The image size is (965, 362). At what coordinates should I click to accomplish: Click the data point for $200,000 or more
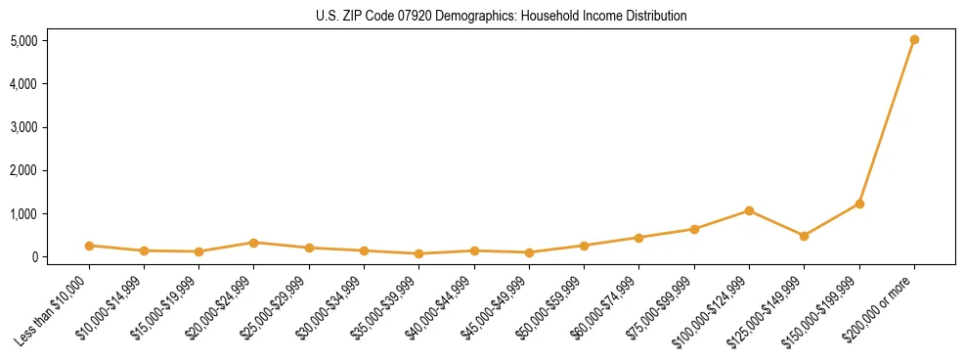[914, 40]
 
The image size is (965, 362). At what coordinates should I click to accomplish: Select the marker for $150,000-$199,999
[859, 204]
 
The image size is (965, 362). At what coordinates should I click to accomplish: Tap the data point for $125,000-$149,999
[804, 236]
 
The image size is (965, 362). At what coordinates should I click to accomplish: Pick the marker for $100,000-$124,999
[749, 210]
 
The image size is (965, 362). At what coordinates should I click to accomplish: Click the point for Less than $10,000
[89, 246]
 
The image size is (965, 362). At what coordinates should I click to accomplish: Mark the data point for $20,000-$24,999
[253, 243]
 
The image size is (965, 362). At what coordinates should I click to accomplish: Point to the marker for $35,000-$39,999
[418, 253]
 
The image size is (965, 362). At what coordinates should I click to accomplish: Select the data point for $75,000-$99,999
[694, 229]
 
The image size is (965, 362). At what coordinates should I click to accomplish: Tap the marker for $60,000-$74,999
[638, 238]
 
